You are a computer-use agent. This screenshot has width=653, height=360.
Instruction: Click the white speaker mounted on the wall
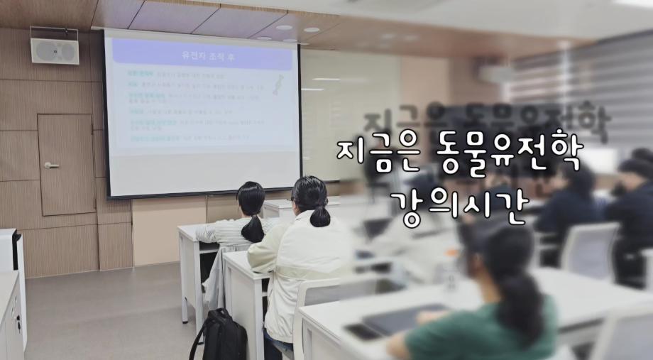pyautogui.click(x=54, y=50)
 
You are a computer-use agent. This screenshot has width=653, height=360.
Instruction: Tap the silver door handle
pyautogui.click(x=51, y=165)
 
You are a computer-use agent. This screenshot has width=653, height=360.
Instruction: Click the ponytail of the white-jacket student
pyautogui.click(x=319, y=213)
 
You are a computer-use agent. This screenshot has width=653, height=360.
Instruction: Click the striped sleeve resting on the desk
pyautogui.click(x=213, y=233)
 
